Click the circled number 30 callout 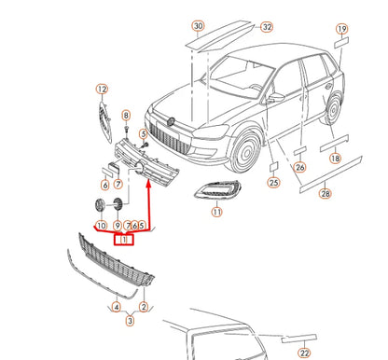pyautogui.click(x=199, y=26)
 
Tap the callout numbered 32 pyautogui.click(x=267, y=27)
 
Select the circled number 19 pyautogui.click(x=341, y=29)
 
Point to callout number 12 pyautogui.click(x=102, y=90)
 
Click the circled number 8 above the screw pyautogui.click(x=126, y=116)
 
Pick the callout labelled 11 pyautogui.click(x=216, y=212)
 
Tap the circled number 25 pyautogui.click(x=273, y=182)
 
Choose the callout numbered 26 pyautogui.click(x=299, y=167)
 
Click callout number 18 pyautogui.click(x=335, y=159)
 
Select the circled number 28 pyautogui.click(x=326, y=194)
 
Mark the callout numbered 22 pyautogui.click(x=304, y=353)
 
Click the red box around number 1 pyautogui.click(x=124, y=240)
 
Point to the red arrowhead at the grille pyautogui.click(x=148, y=184)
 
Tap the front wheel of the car pyautogui.click(x=246, y=153)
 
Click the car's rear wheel pyautogui.click(x=333, y=109)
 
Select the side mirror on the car pyautogui.click(x=276, y=97)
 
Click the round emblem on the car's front pyautogui.click(x=170, y=121)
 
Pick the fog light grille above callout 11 pyautogui.click(x=217, y=190)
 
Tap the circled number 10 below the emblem pyautogui.click(x=102, y=226)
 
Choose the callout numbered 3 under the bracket pyautogui.click(x=130, y=321)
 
